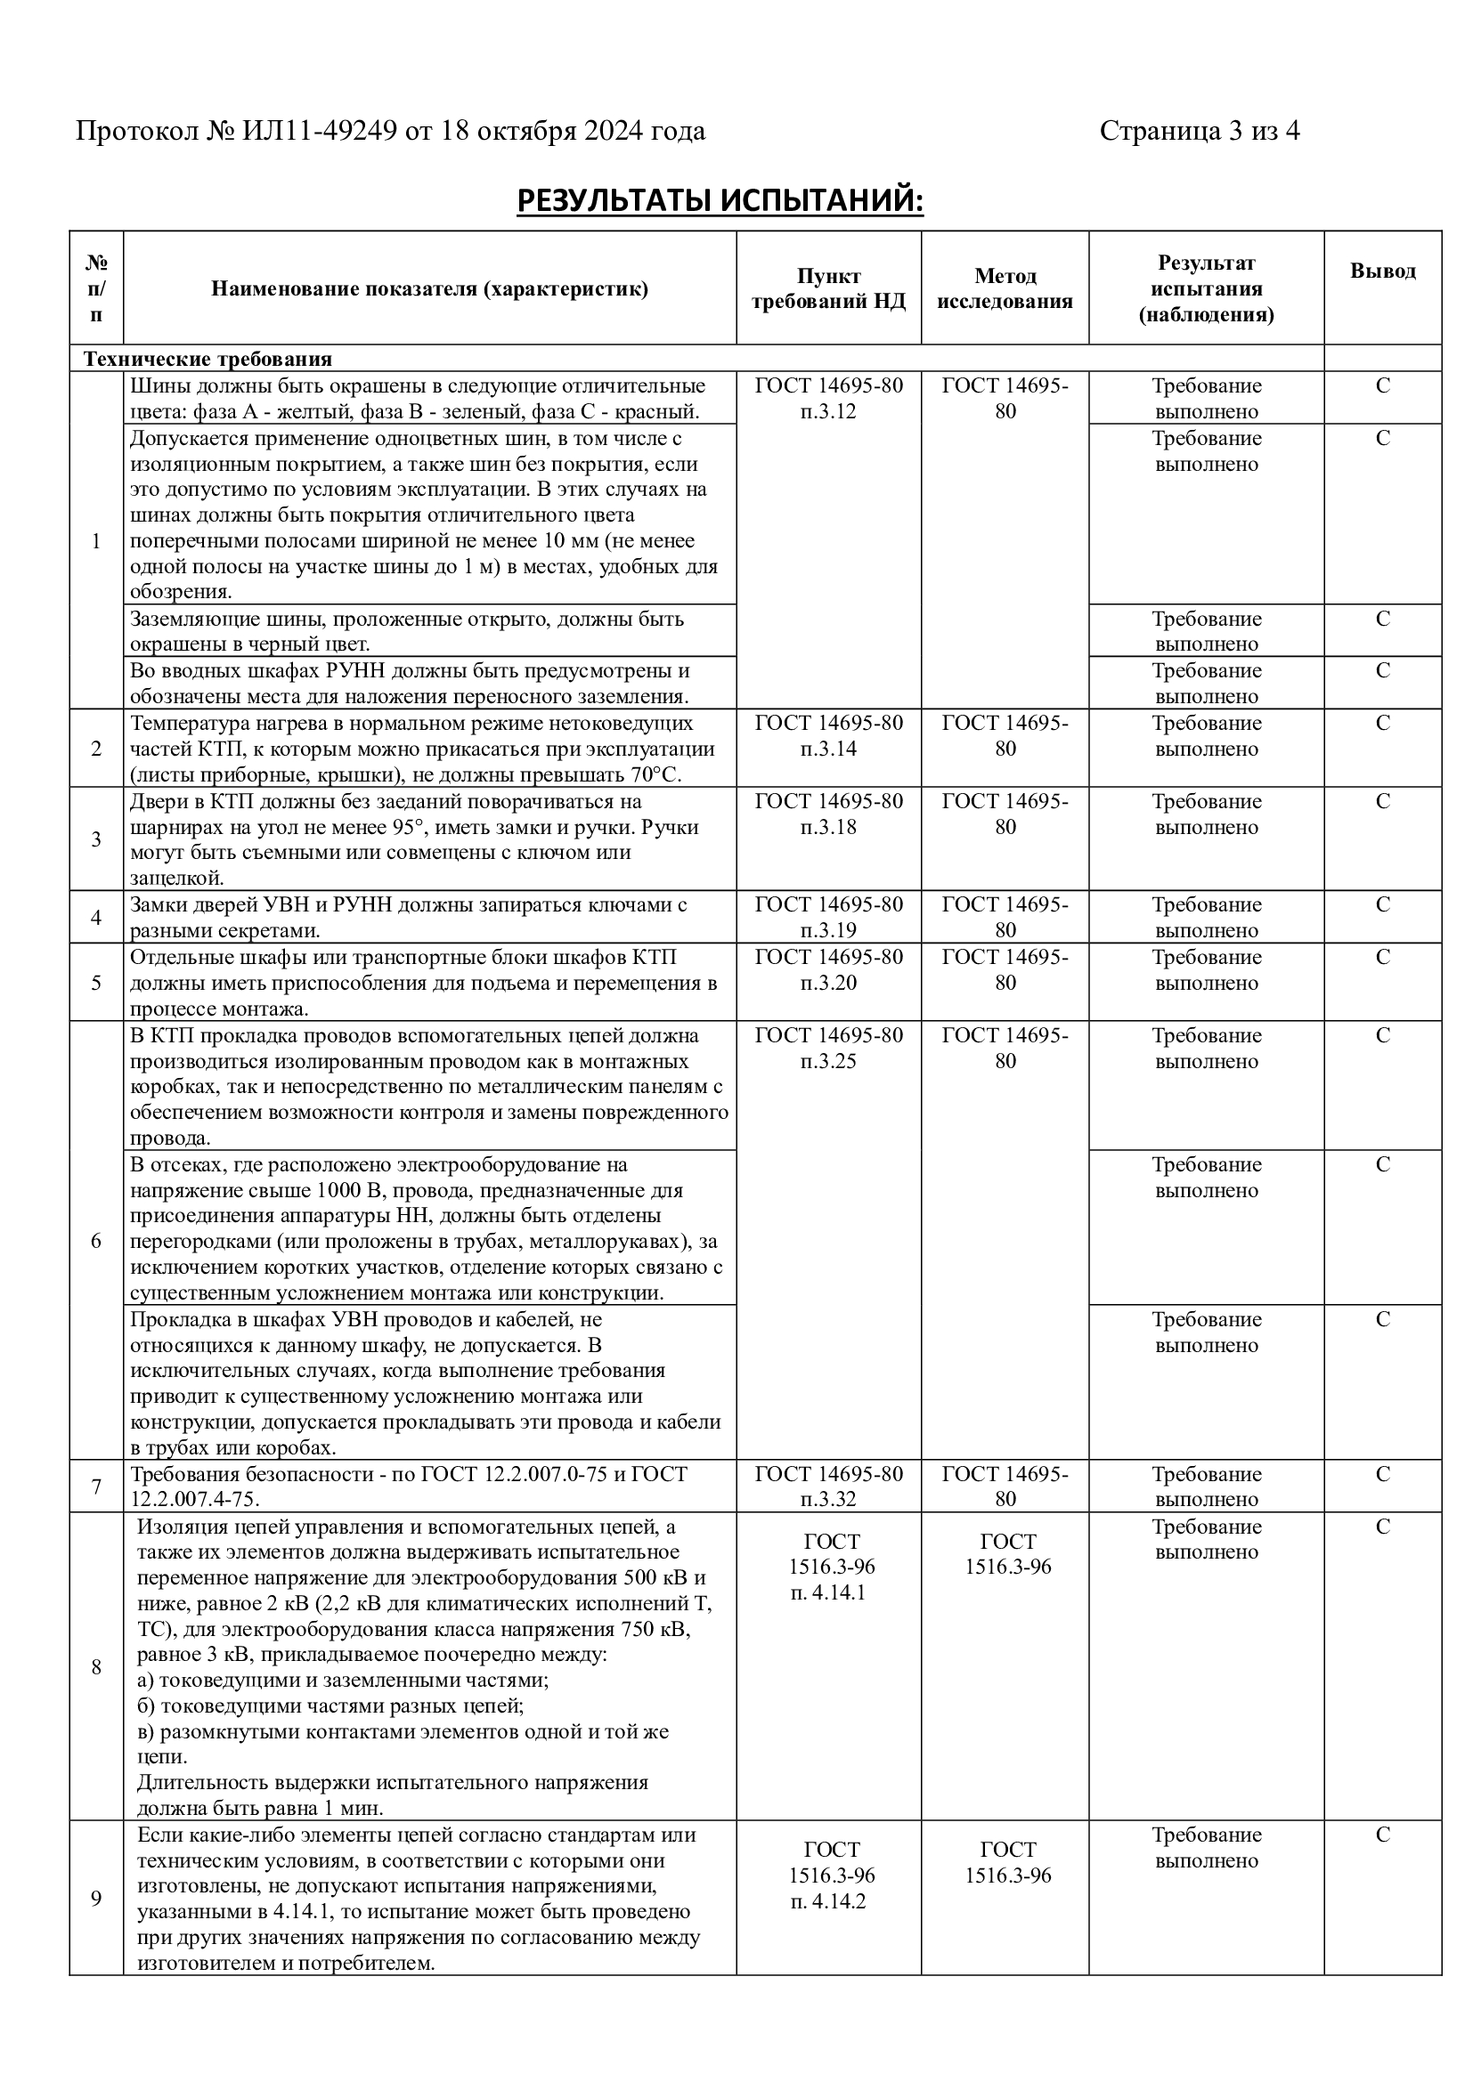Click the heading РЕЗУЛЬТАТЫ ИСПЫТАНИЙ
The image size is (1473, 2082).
[720, 200]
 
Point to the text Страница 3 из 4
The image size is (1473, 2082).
[1199, 132]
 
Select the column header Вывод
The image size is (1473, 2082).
[1381, 271]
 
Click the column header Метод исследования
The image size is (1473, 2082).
[1004, 288]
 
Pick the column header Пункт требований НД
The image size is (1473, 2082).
[828, 288]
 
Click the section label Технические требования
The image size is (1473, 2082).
[208, 358]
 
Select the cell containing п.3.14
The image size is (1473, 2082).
[828, 749]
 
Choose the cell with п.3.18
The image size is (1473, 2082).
[828, 827]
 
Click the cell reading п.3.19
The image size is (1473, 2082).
[828, 930]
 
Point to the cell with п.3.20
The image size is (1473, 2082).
[828, 983]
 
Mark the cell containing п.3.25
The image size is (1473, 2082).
[828, 1061]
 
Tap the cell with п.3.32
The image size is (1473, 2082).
[828, 1499]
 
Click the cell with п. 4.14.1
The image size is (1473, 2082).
[828, 1592]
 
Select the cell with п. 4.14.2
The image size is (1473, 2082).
[828, 1900]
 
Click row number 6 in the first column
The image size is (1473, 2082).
[96, 1241]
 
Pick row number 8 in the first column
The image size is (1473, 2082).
[96, 1666]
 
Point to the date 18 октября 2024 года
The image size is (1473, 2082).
[574, 132]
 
